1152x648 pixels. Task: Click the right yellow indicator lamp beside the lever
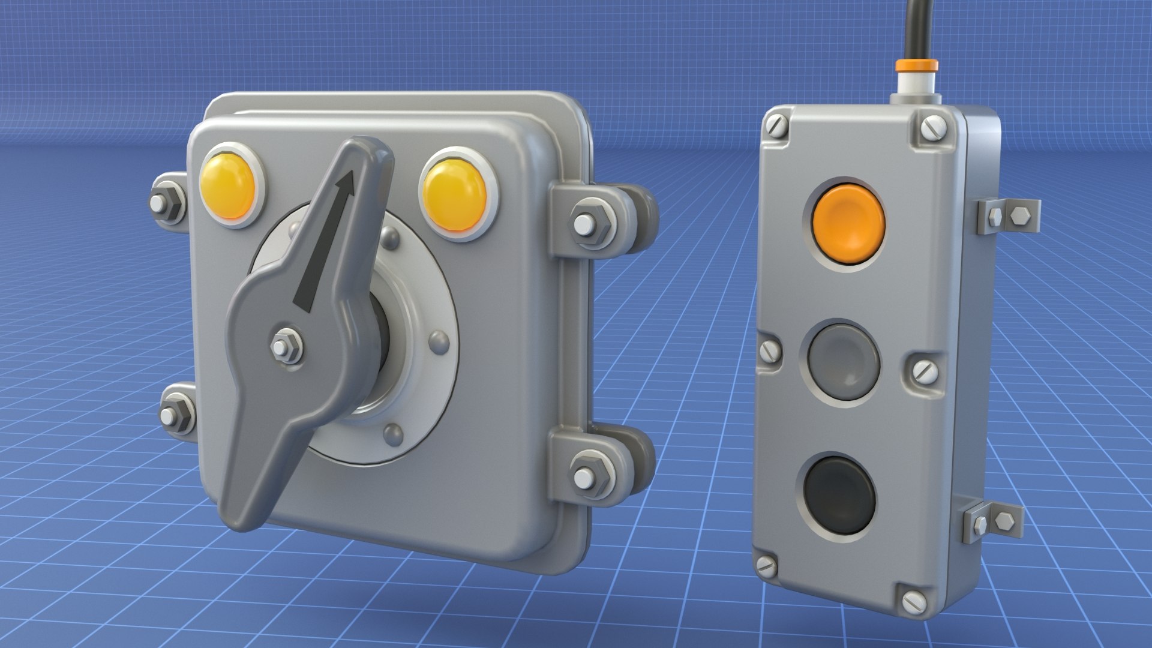point(454,195)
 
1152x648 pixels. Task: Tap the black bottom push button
point(839,494)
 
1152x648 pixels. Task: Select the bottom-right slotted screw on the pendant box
point(914,602)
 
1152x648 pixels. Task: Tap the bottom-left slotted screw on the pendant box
point(766,565)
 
